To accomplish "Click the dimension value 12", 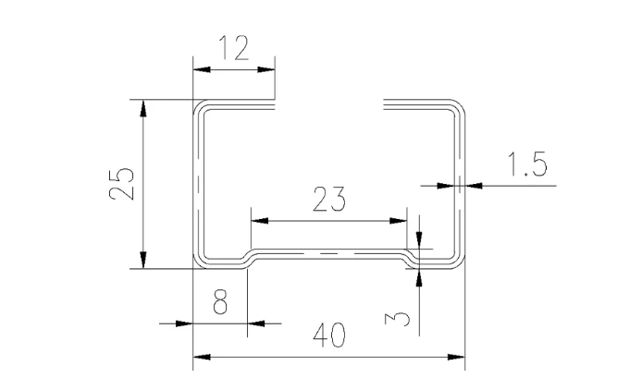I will (233, 48).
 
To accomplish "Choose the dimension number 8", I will (220, 304).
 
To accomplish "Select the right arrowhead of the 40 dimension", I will (456, 357).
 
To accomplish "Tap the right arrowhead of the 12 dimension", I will (268, 68).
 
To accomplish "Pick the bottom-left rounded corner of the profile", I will (199, 262).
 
